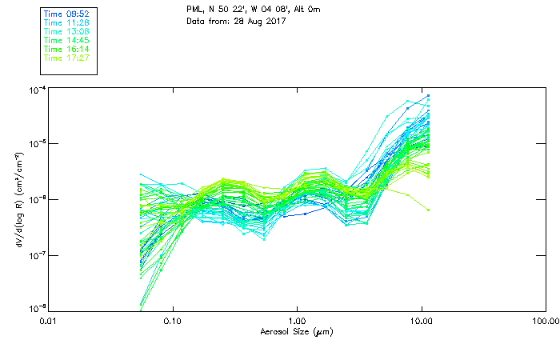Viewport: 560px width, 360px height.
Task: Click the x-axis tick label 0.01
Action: coord(49,321)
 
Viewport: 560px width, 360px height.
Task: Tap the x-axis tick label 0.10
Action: coord(173,321)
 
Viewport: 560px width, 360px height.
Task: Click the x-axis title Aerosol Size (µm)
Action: coord(296,331)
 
